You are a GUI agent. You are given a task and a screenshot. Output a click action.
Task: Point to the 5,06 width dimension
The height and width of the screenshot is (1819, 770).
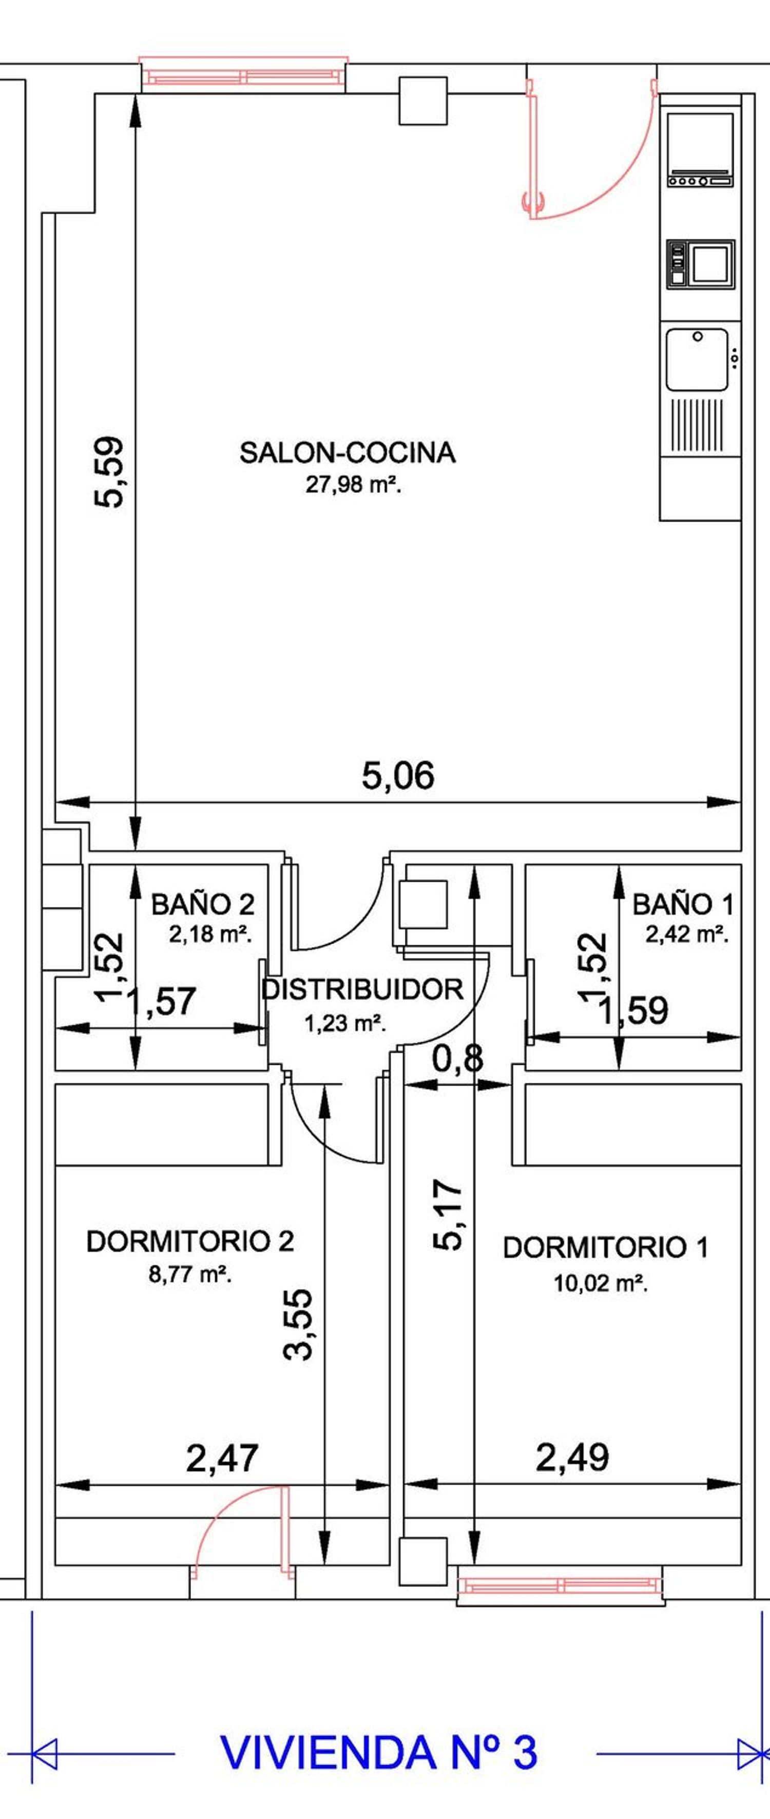point(398,775)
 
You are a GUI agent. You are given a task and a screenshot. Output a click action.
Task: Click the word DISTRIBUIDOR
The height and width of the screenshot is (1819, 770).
point(363,989)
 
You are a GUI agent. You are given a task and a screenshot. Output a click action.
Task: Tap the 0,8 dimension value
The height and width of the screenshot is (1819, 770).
point(458,1059)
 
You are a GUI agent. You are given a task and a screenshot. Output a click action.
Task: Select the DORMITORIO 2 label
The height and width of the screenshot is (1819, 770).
point(190,1241)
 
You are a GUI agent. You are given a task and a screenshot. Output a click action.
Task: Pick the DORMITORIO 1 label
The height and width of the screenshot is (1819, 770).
point(605,1248)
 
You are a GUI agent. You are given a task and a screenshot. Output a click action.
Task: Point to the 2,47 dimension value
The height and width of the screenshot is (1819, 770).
point(222,1458)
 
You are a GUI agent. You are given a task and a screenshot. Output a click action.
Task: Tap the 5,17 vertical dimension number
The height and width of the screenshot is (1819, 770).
point(448,1215)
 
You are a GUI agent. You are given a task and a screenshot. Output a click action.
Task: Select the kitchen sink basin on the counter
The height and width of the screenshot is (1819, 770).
point(697,359)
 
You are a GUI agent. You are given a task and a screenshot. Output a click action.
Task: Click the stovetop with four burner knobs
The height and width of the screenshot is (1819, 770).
point(701,150)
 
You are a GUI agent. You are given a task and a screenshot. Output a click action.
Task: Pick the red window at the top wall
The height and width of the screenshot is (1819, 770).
point(243,73)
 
